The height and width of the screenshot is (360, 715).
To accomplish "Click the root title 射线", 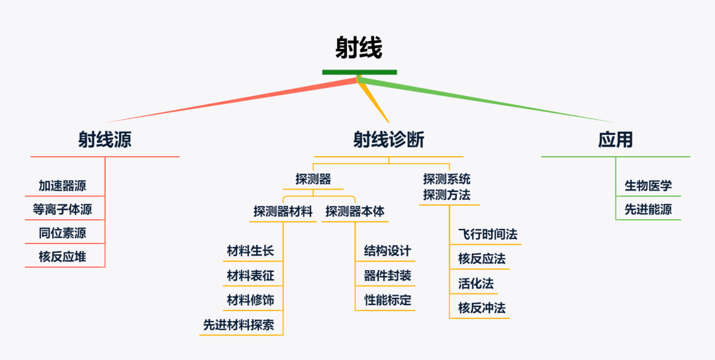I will (358, 48).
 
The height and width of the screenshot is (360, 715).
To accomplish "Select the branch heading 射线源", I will (105, 140).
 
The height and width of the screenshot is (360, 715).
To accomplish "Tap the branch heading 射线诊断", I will (389, 140).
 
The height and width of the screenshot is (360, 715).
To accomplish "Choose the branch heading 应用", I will (615, 140).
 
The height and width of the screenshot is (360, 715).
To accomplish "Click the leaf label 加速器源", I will (62, 186).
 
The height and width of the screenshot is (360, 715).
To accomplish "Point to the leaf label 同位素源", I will (62, 233).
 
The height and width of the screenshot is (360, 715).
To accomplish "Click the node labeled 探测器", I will (313, 179).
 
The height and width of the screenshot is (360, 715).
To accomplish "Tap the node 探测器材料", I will (283, 212).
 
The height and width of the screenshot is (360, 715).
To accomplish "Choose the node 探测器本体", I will (355, 212).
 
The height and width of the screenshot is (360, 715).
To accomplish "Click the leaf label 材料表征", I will (250, 275).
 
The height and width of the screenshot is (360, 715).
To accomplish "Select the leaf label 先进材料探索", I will (242, 325).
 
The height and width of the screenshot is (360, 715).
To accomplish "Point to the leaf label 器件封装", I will (387, 275).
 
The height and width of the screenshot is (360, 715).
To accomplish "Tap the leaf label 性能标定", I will (387, 300).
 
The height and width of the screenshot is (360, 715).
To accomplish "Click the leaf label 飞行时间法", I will (487, 234).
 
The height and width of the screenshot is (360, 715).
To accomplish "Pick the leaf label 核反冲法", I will (481, 308).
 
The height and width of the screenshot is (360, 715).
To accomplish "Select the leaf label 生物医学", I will (648, 186).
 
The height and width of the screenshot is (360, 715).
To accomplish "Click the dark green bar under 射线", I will (359, 72).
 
